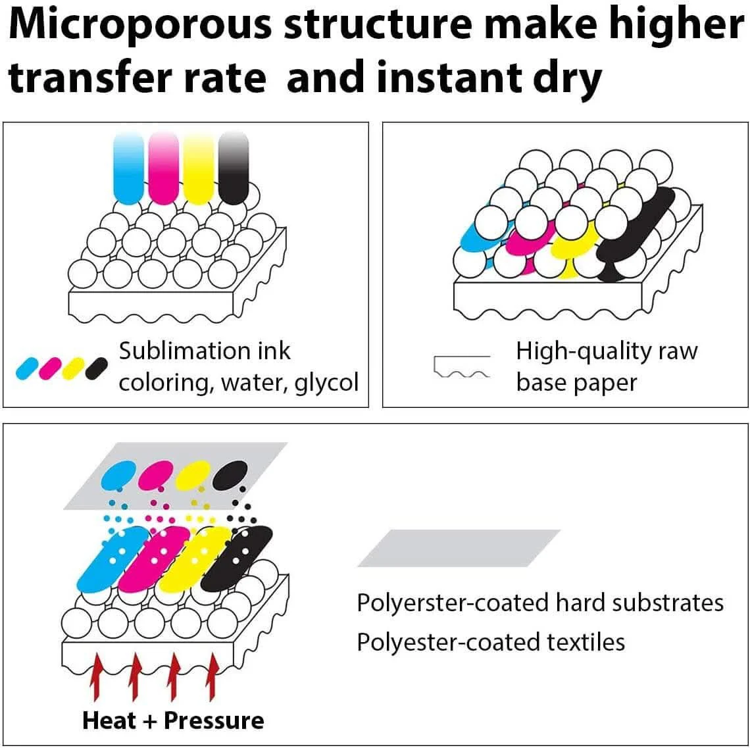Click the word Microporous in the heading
point(136,26)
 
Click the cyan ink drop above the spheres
point(128,168)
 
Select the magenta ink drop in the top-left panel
point(163,168)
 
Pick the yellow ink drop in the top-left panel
point(199,168)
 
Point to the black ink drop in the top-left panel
point(234,168)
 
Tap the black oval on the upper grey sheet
point(230,474)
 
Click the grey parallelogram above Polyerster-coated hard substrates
point(459,548)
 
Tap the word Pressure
point(214,720)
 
